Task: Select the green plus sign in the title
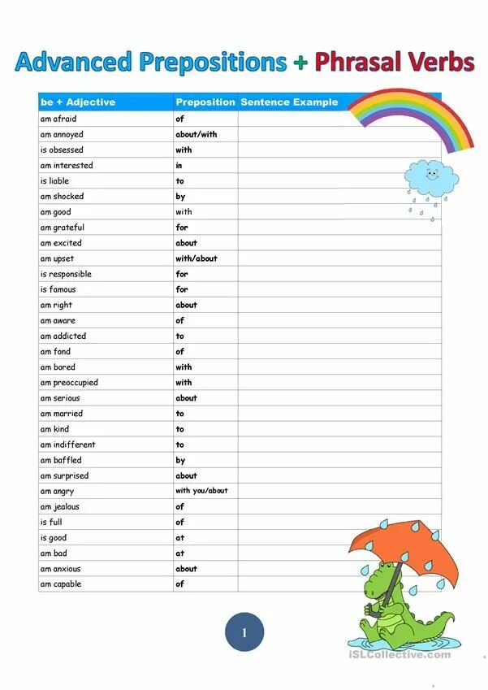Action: coord(301,63)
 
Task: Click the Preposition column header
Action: coord(205,102)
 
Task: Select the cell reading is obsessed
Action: coord(62,150)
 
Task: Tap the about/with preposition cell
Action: coord(196,134)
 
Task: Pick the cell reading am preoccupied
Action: coord(69,382)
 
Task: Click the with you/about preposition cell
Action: coord(201,491)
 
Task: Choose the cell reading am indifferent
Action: coord(67,445)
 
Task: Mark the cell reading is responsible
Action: coord(66,274)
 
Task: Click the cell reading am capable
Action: coord(61,584)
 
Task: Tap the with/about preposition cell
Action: coord(196,258)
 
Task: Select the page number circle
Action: coord(244,631)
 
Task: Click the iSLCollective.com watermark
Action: coord(399,654)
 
